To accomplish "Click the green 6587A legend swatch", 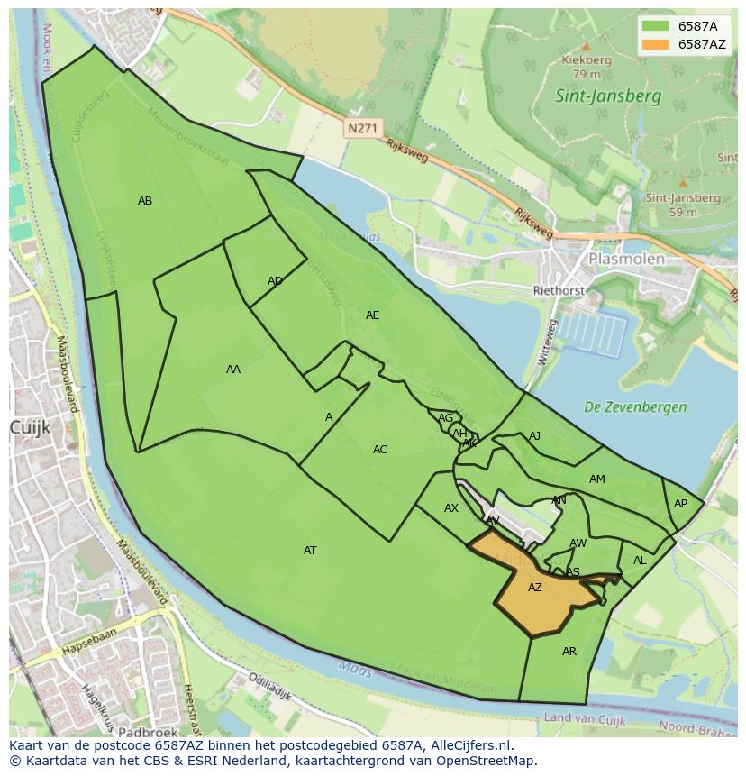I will point(656,26).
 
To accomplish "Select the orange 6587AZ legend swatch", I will point(656,44).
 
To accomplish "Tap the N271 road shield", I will point(361,129).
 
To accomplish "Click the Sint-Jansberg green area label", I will point(608,96).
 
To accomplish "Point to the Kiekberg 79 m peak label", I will point(587,67).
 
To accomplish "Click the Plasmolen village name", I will point(626,259).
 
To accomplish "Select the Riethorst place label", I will point(559,291).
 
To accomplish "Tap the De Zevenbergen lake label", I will point(635,407).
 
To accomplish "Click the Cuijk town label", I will point(29,426).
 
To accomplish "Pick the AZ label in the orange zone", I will point(535,588).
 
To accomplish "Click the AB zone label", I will point(145,201).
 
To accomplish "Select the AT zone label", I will point(310,551).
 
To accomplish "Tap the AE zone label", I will point(372,315).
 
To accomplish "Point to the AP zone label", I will point(680,504).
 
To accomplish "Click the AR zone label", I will point(569,652).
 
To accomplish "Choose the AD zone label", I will point(275,281).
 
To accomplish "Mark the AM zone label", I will point(596,479).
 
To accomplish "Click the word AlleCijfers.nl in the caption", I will point(469,745).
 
